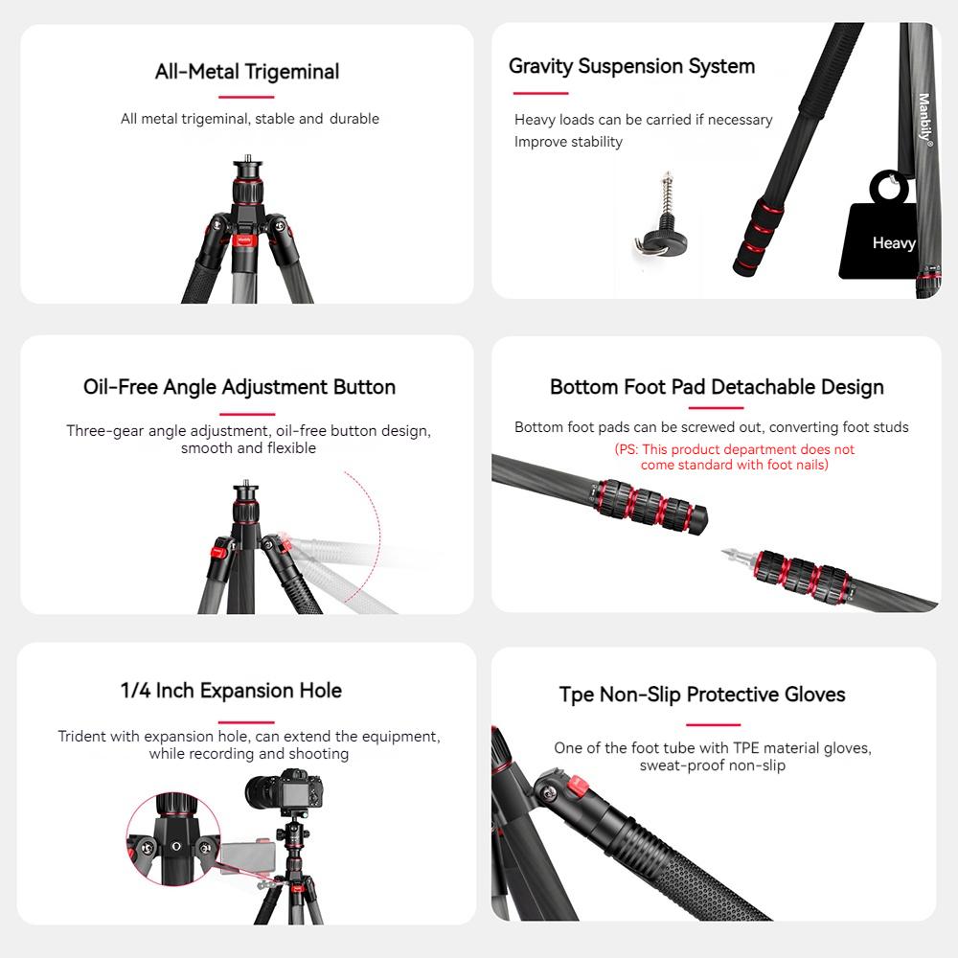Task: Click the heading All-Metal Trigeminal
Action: coord(247,72)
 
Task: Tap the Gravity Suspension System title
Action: coord(631,66)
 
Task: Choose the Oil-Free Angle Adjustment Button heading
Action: coord(239,387)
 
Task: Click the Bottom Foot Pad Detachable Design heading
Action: coord(717,387)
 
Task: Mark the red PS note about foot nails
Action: coord(734,457)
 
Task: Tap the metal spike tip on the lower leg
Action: coord(732,554)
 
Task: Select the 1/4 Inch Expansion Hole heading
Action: coord(231,690)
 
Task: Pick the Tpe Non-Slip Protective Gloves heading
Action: coord(702,695)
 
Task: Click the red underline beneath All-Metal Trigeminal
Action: coord(246,97)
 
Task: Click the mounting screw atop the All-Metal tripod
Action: coord(246,158)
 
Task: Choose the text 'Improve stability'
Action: coord(568,142)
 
